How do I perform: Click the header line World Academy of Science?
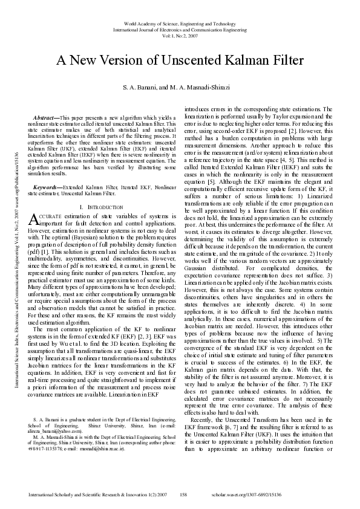(180, 21)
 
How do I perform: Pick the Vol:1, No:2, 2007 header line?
(180, 35)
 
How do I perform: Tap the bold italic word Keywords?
(45, 171)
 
